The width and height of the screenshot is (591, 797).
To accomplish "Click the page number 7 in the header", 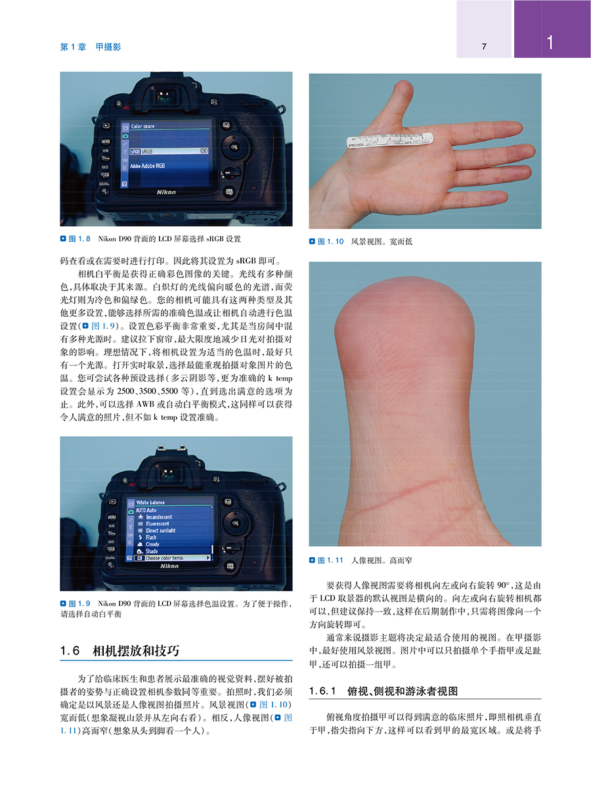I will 483,47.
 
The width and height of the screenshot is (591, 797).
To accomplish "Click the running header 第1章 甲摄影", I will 91,47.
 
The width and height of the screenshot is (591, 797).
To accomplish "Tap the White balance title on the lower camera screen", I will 150,503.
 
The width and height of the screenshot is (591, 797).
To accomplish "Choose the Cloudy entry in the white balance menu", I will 152,544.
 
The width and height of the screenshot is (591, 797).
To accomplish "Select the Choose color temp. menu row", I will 164,558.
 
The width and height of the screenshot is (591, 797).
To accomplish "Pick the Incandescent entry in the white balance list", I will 158,516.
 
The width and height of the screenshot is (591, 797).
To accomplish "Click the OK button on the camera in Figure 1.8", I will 234,147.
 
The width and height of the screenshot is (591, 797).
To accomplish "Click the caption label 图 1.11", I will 330,560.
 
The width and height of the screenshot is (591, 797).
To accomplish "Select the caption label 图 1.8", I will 74,238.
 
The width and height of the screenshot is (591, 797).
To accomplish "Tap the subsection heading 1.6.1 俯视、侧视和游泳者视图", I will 383,691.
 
